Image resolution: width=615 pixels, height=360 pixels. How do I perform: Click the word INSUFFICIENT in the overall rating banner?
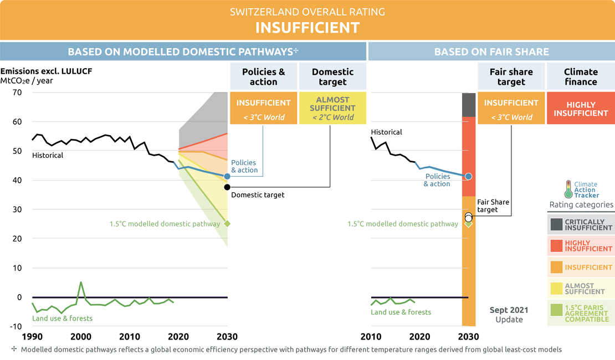click(307, 28)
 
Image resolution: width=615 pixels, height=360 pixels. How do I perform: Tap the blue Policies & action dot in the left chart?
click(227, 176)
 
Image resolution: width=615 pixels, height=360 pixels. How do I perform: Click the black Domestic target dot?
click(227, 187)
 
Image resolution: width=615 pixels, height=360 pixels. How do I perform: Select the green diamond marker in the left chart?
click(227, 224)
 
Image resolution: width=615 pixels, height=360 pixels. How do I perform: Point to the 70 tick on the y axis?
click(16, 92)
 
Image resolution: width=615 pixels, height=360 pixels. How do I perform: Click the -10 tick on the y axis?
click(15, 326)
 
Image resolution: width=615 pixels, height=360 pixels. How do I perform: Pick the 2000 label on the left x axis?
click(81, 337)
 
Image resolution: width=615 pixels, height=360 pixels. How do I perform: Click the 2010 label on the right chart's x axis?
click(371, 337)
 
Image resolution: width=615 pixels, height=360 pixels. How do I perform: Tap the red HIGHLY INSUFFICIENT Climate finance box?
click(581, 109)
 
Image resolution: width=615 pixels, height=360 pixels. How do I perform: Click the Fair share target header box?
click(511, 76)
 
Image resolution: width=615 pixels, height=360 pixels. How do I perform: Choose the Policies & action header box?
click(263, 76)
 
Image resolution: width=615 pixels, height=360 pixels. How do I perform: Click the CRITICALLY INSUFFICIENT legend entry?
click(581, 224)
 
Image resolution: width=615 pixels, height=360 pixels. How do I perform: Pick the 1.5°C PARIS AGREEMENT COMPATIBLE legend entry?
click(581, 313)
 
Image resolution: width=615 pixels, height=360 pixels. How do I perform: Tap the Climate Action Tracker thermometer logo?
click(568, 189)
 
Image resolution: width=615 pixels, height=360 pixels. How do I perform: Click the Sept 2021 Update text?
click(509, 315)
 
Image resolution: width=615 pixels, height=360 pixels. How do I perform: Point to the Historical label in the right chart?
click(386, 132)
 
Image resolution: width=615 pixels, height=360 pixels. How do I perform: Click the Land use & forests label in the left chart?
click(62, 318)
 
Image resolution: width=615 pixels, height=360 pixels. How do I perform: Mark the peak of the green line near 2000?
click(81, 282)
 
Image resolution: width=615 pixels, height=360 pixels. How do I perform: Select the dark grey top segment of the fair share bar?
click(469, 105)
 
